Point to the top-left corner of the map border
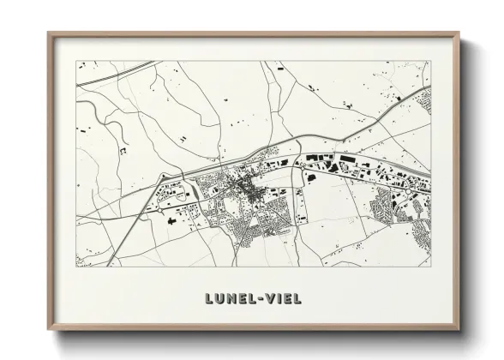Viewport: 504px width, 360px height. pyautogui.click(x=76, y=61)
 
